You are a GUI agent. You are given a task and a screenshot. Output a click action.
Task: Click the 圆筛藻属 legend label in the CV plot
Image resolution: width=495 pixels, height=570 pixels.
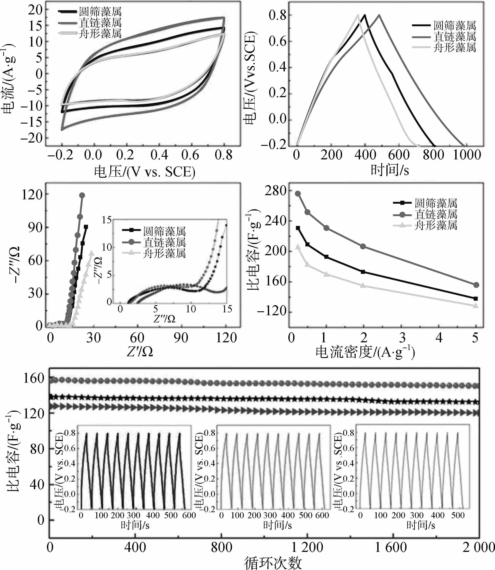(x=100, y=12)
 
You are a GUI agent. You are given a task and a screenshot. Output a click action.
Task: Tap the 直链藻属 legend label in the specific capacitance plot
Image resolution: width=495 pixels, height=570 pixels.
(x=436, y=214)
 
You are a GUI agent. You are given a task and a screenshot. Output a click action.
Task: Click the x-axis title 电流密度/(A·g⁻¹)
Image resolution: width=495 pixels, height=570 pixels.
(x=365, y=352)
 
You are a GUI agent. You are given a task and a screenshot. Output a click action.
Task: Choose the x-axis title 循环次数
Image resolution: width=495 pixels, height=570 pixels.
(x=273, y=563)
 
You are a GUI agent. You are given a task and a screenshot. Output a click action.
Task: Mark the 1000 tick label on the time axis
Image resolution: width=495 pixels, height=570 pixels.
(x=467, y=155)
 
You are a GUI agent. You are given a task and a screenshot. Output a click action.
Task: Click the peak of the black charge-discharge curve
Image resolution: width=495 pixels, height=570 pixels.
(x=365, y=15)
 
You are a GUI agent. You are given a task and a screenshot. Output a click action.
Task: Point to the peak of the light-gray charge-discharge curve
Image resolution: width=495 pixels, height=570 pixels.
(x=358, y=15)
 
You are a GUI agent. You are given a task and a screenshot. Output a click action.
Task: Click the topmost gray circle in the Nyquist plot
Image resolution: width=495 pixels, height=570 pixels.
(x=82, y=195)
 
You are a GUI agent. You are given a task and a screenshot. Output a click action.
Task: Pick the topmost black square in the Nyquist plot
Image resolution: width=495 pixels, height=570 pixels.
(x=86, y=227)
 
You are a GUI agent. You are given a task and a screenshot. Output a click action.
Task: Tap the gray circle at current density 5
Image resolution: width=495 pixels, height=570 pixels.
(x=476, y=285)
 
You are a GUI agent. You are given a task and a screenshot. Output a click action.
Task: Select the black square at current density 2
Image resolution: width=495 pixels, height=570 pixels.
(x=363, y=272)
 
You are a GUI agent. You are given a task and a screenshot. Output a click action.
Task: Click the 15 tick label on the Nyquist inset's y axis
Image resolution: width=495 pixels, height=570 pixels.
(x=107, y=220)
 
